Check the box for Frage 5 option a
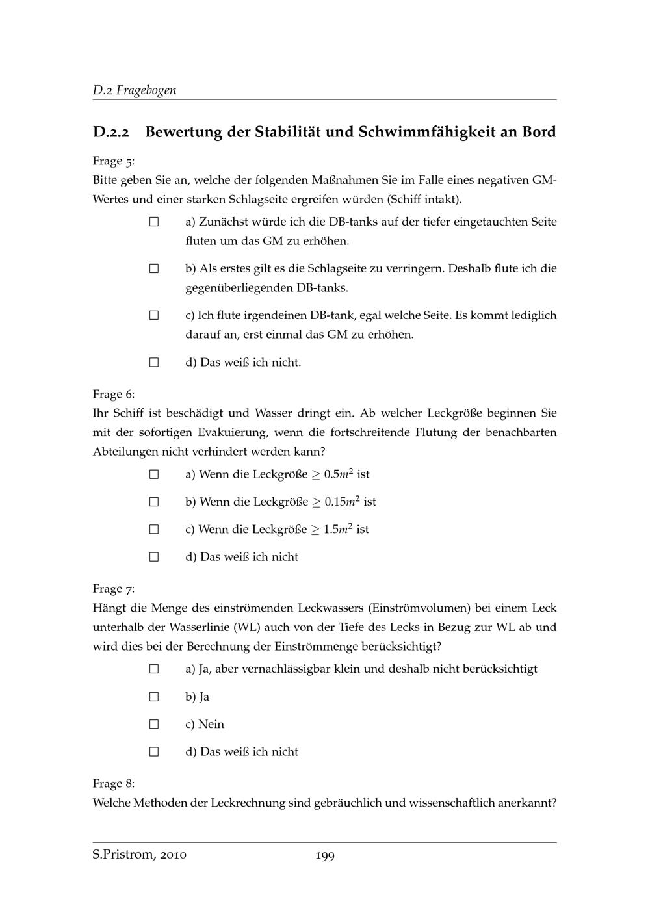pyautogui.click(x=154, y=222)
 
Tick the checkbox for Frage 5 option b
pyautogui.click(x=154, y=268)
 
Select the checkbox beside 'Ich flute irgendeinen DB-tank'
pyautogui.click(x=154, y=315)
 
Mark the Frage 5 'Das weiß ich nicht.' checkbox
pyautogui.click(x=154, y=362)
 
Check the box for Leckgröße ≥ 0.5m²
pyautogui.click(x=154, y=474)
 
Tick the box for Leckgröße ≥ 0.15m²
pyautogui.click(x=154, y=502)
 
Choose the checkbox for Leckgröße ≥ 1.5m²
pyautogui.click(x=154, y=529)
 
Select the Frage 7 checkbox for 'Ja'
pyautogui.click(x=154, y=697)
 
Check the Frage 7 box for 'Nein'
pyautogui.click(x=154, y=724)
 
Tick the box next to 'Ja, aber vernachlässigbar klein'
pyautogui.click(x=154, y=669)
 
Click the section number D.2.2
pyautogui.click(x=111, y=133)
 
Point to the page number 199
pyautogui.click(x=325, y=856)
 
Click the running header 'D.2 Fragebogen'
pyautogui.click(x=135, y=90)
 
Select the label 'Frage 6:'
pyautogui.click(x=114, y=395)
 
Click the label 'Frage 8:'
pyautogui.click(x=114, y=784)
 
